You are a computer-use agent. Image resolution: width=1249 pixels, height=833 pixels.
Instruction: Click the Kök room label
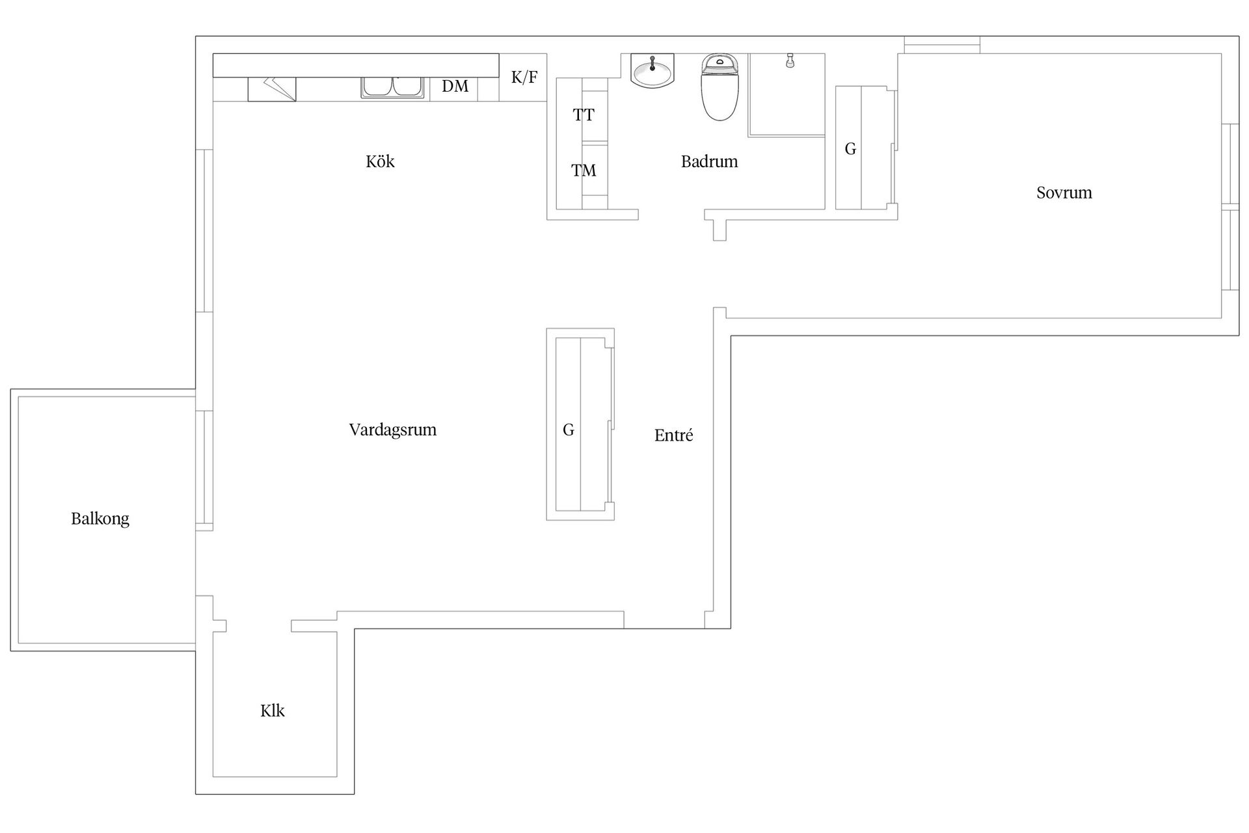pyautogui.click(x=380, y=161)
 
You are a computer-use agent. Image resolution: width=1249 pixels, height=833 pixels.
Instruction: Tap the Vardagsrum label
pyautogui.click(x=393, y=430)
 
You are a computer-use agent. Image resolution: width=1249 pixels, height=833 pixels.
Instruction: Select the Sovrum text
pyautogui.click(x=1064, y=193)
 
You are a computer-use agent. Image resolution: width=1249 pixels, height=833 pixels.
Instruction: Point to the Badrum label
pyautogui.click(x=710, y=161)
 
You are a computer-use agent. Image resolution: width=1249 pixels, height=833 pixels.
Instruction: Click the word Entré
pyautogui.click(x=674, y=435)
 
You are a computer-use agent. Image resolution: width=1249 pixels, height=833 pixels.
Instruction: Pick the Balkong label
pyautogui.click(x=100, y=519)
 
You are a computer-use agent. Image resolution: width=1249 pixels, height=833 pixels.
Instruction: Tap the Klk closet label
pyautogui.click(x=273, y=711)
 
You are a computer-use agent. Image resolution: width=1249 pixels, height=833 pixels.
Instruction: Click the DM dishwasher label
pyautogui.click(x=455, y=86)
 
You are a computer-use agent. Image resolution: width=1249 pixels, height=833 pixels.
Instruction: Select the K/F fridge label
pyautogui.click(x=524, y=77)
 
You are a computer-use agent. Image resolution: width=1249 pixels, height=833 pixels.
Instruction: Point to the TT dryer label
pyautogui.click(x=584, y=115)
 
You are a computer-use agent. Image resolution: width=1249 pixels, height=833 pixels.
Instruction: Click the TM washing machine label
pyautogui.click(x=584, y=171)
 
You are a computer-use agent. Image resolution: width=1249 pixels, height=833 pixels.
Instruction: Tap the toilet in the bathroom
pyautogui.click(x=719, y=87)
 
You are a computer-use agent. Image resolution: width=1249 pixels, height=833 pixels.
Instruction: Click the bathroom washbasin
pyautogui.click(x=652, y=70)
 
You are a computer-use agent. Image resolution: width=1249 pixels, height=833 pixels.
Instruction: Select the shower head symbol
pyautogui.click(x=790, y=61)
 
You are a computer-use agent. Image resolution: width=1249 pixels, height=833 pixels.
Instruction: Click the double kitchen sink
pyautogui.click(x=392, y=88)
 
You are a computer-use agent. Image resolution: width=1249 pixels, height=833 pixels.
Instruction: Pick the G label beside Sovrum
pyautogui.click(x=850, y=149)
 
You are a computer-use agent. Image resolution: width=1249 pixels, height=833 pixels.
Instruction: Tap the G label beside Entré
pyautogui.click(x=569, y=430)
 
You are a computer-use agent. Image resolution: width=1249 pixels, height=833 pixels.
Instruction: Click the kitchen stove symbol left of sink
pyautogui.click(x=272, y=89)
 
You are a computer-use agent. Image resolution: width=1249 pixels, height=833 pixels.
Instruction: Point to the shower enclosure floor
pyautogui.click(x=786, y=95)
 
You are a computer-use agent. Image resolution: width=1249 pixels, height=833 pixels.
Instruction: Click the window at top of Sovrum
pyautogui.click(x=942, y=45)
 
